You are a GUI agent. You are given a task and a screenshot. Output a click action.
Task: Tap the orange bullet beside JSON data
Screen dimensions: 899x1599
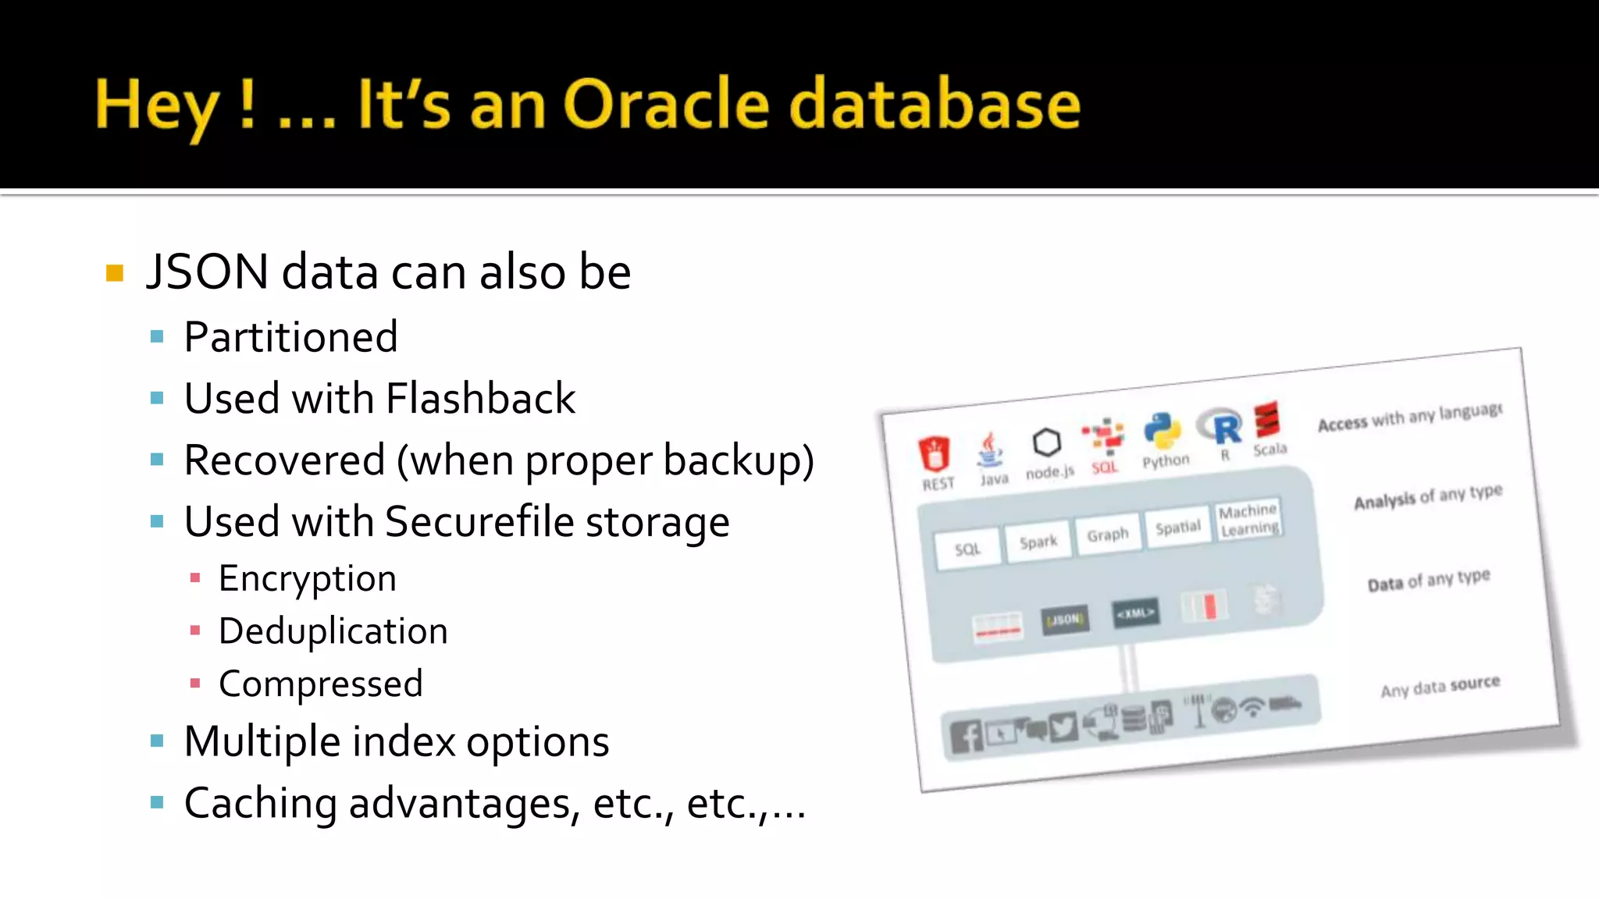tap(115, 273)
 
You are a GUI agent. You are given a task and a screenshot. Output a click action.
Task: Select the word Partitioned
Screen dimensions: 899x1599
tap(290, 337)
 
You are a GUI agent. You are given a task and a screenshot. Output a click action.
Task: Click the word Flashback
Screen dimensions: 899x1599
tap(480, 399)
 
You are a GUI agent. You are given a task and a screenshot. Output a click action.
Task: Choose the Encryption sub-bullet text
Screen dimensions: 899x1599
tap(307, 579)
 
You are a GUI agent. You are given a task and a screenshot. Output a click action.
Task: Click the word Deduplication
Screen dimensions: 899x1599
tap(333, 631)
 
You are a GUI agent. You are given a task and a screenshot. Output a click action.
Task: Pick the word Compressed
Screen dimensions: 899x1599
tap(320, 684)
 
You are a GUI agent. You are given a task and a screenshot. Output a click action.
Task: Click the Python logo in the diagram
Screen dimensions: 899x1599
tap(1162, 432)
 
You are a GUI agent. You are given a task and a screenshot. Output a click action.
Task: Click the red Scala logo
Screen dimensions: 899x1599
tap(1267, 420)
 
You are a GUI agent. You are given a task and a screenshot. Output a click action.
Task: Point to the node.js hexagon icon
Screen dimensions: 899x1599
tap(1046, 443)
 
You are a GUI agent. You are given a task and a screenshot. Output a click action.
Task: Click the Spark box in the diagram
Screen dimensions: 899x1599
tap(1038, 542)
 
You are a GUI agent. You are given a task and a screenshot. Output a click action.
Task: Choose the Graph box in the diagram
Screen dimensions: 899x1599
tap(1107, 535)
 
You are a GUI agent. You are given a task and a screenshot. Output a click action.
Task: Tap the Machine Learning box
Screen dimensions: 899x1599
tap(1248, 520)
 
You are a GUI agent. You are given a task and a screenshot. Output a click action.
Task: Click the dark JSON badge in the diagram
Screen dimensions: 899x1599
tap(1065, 620)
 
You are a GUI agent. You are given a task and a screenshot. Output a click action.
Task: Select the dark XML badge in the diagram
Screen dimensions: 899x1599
tap(1135, 613)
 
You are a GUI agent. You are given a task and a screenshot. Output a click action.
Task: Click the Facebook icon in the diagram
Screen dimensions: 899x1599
tap(967, 736)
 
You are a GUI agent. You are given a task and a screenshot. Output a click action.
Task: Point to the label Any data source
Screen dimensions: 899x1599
tap(1440, 687)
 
